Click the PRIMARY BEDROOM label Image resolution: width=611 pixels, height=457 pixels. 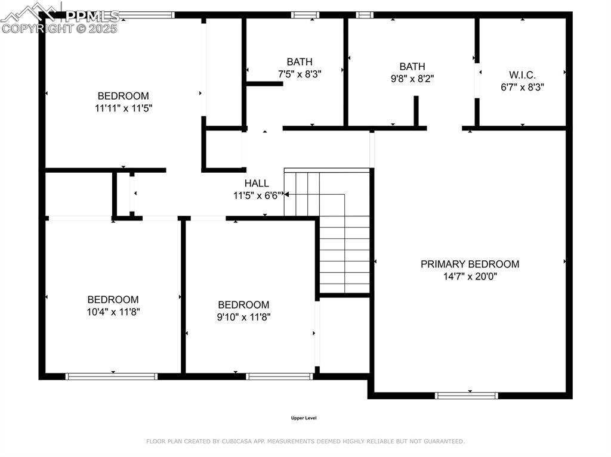(470, 264)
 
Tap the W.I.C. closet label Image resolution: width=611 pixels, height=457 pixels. (522, 75)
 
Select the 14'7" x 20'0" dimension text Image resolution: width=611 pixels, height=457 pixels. (470, 276)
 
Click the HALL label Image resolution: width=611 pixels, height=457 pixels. (257, 184)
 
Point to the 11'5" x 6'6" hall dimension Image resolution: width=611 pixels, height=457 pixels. (257, 195)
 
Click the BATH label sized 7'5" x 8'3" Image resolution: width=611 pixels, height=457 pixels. (299, 62)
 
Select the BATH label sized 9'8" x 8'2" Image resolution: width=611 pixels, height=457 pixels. (412, 67)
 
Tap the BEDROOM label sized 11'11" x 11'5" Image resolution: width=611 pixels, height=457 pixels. (123, 96)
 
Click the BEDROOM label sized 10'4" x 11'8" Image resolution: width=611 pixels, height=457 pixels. (113, 300)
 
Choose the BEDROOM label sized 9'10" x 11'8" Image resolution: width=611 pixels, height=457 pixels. (243, 304)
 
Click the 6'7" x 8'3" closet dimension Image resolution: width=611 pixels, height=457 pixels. (522, 86)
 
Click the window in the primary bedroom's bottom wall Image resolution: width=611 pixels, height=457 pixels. (466, 395)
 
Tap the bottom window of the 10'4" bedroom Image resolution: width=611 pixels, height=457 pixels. (111, 376)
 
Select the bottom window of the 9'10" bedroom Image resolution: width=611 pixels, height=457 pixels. (279, 376)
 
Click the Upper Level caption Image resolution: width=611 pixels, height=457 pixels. (303, 418)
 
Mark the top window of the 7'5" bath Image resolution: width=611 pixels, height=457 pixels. (305, 15)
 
